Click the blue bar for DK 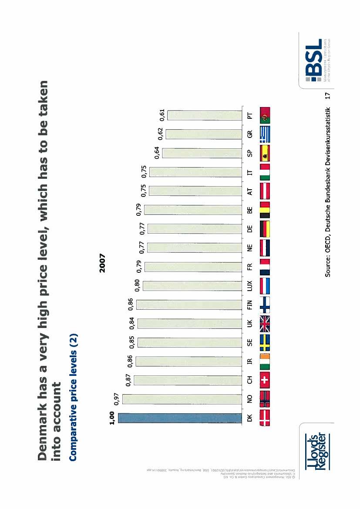[180, 418]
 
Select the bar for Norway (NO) [182, 399]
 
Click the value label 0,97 [117, 399]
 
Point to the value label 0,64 [157, 154]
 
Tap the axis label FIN [249, 304]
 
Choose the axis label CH [249, 380]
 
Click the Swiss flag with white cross [265, 380]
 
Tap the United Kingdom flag [265, 323]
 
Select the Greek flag [265, 134]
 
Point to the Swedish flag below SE [265, 342]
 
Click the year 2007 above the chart [102, 262]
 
